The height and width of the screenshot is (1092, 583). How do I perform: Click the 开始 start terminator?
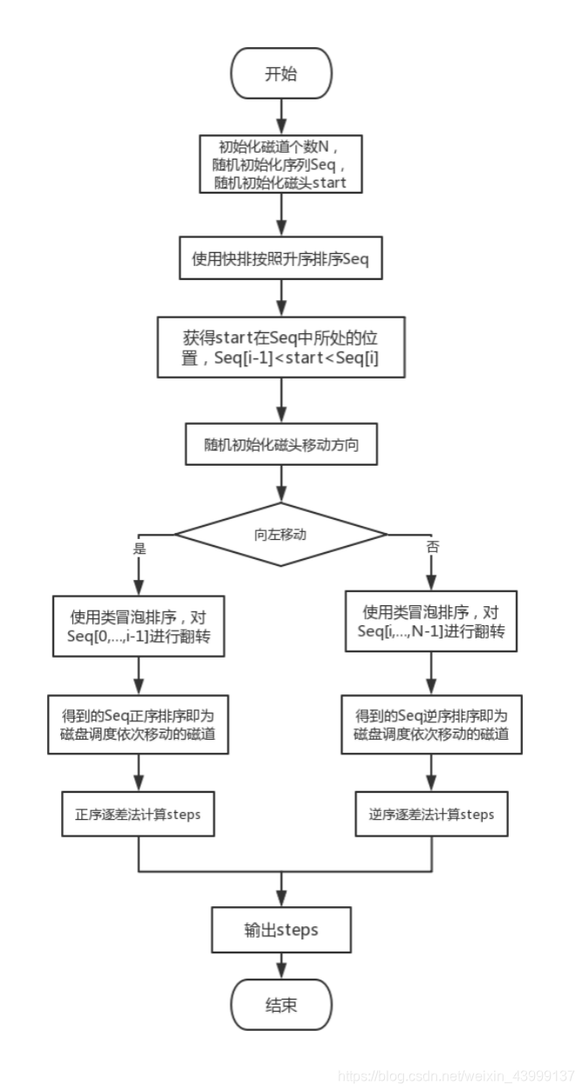[x=281, y=74]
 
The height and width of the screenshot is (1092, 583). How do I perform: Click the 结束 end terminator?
[x=281, y=1006]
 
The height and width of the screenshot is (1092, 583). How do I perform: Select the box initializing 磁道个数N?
[x=281, y=165]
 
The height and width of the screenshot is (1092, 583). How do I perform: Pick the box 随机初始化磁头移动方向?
[x=281, y=445]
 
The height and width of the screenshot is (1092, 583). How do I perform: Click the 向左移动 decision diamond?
[x=281, y=534]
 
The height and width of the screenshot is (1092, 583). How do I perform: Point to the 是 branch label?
[x=139, y=549]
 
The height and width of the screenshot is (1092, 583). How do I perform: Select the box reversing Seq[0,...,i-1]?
[x=140, y=624]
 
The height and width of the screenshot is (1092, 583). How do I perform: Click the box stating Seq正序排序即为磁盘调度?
[x=140, y=724]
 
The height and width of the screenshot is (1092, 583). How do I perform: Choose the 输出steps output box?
[x=281, y=930]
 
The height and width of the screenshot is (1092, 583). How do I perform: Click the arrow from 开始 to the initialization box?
[x=281, y=113]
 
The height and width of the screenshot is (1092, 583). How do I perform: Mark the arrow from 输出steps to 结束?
[x=281, y=966]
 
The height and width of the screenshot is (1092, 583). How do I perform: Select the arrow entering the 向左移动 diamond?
[x=281, y=484]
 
